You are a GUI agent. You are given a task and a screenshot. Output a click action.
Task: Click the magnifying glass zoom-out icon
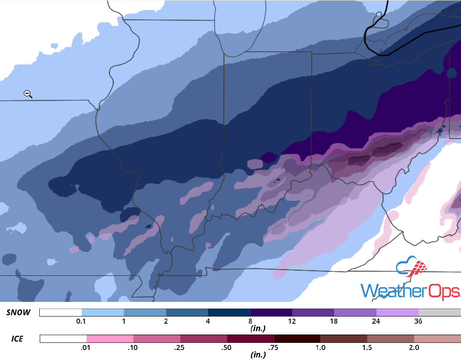pyautogui.click(x=28, y=94)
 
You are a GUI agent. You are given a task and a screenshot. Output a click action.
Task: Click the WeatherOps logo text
pyautogui.click(x=410, y=291)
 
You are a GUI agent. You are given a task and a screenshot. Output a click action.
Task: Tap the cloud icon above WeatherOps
pyautogui.click(x=412, y=268)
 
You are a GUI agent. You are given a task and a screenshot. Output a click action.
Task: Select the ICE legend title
pyautogui.click(x=17, y=339)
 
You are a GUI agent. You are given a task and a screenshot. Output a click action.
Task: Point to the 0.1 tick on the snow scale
pyautogui.click(x=82, y=321)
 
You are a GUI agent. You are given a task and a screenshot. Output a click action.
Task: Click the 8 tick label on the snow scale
pyautogui.click(x=250, y=321)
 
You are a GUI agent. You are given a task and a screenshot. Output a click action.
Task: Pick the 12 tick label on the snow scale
pyautogui.click(x=292, y=321)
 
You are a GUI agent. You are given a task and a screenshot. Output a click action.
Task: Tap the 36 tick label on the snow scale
pyautogui.click(x=418, y=321)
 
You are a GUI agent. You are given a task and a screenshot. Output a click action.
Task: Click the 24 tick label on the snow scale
pyautogui.click(x=376, y=321)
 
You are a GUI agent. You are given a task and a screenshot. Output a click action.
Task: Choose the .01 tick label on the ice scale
pyautogui.click(x=87, y=347)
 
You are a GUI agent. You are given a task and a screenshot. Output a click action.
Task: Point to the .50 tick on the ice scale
pyautogui.click(x=227, y=347)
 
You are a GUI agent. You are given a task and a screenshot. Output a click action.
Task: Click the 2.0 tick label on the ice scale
pyautogui.click(x=414, y=347)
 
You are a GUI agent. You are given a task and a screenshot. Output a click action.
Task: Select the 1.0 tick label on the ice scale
pyautogui.click(x=320, y=347)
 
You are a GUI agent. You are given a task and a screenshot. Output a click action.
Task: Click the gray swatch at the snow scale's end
pyautogui.click(x=439, y=313)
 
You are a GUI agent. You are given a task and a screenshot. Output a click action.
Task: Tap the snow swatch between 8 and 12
pyautogui.click(x=271, y=313)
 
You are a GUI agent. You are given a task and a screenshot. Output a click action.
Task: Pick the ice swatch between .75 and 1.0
pyautogui.click(x=297, y=339)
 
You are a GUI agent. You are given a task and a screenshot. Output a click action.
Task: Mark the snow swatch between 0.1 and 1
pyautogui.click(x=102, y=313)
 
